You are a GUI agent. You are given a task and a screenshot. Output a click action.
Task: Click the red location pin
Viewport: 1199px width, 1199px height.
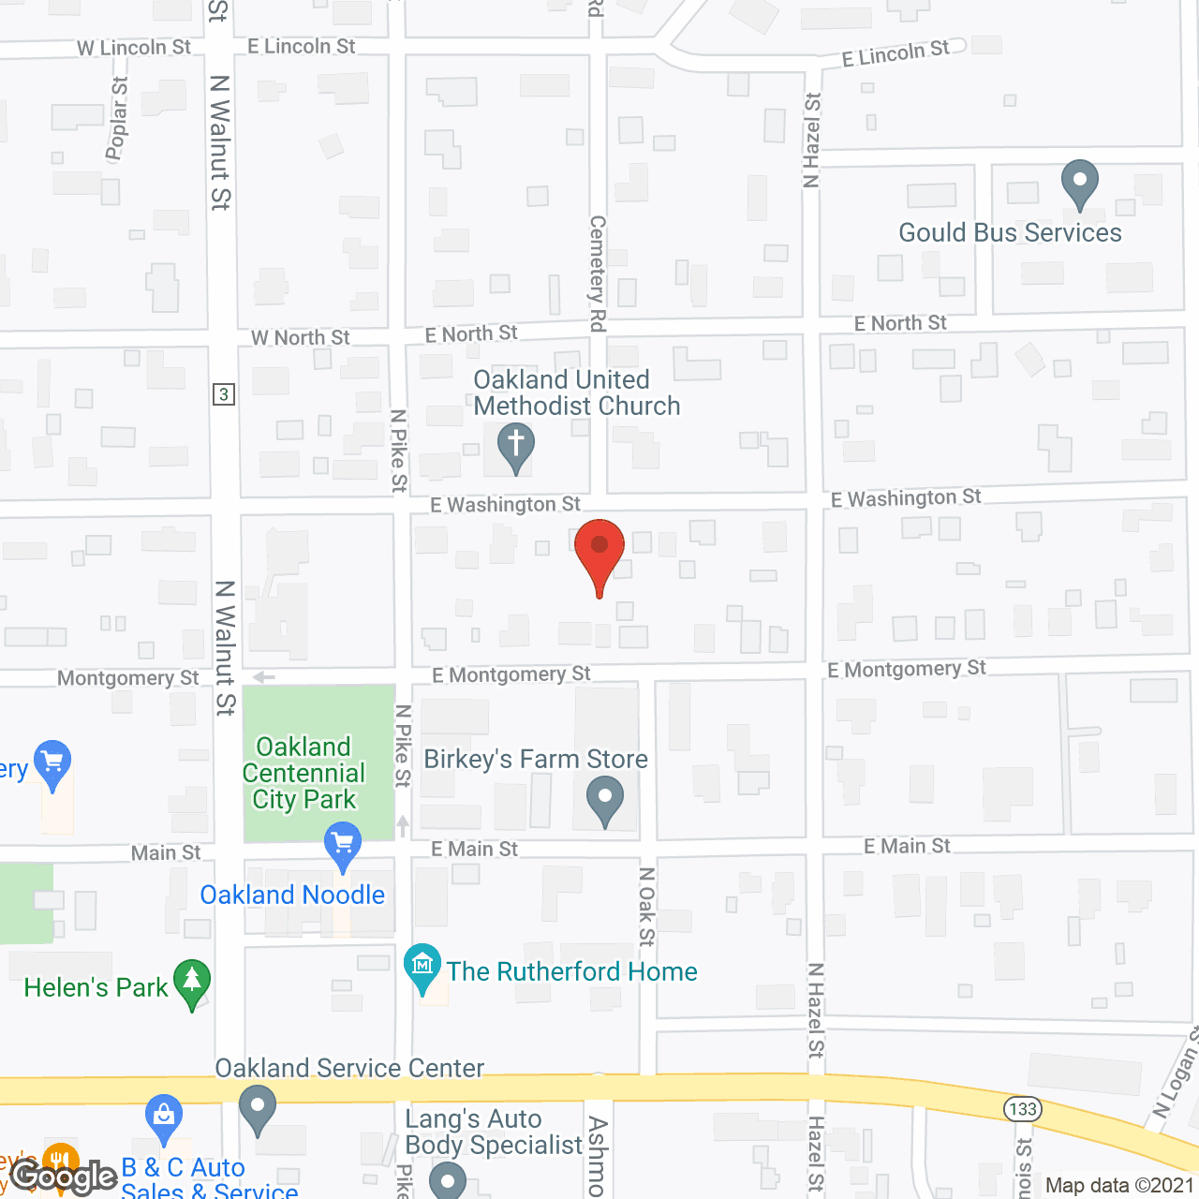[x=599, y=553]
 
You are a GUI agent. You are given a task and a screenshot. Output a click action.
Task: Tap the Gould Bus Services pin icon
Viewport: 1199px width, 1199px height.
[x=1079, y=183]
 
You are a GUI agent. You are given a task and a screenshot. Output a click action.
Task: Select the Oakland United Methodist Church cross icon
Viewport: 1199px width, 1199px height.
[x=515, y=446]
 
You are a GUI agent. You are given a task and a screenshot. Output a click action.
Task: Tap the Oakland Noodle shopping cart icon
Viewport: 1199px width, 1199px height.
[x=343, y=845]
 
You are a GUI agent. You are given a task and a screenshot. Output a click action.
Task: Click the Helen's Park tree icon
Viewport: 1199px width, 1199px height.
[x=192, y=984]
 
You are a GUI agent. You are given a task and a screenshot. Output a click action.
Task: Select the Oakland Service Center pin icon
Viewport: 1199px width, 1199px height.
[x=258, y=1109]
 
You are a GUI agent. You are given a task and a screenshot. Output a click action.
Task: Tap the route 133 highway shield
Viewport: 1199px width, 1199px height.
[x=1023, y=1109]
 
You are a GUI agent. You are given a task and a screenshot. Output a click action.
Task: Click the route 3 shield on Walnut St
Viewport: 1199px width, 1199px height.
[x=223, y=394]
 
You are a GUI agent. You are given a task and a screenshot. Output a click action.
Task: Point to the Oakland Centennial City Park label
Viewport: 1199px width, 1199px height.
[x=303, y=773]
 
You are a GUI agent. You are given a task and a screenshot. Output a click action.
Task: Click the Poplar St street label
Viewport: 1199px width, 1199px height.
[x=117, y=119]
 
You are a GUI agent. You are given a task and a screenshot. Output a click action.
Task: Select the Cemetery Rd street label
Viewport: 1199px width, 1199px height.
[x=597, y=273]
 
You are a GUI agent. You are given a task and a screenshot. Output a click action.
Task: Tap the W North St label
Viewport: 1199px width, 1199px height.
[x=300, y=337]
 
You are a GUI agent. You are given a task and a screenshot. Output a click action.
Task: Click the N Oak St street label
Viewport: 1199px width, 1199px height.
[x=646, y=906]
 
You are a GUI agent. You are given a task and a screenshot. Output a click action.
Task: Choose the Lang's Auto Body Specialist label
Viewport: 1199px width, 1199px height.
[x=494, y=1132]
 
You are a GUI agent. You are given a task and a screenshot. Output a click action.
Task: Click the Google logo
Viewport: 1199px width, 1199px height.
[x=65, y=1177]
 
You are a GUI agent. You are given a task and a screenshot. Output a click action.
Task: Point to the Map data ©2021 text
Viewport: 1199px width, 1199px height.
[x=1120, y=1186]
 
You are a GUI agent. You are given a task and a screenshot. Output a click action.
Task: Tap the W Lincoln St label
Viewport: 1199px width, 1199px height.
[x=133, y=48]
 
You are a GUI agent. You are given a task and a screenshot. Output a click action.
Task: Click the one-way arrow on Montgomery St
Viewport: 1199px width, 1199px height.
[x=264, y=677]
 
